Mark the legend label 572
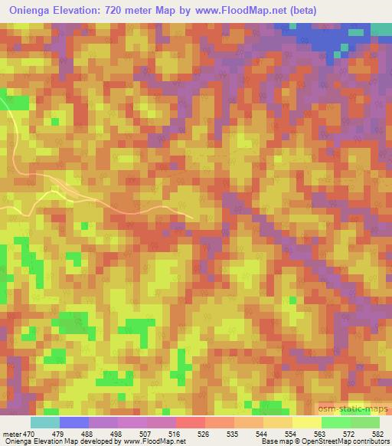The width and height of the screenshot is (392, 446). [347, 435]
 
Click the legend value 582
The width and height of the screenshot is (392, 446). [377, 435]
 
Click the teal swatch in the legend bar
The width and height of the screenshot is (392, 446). [45, 422]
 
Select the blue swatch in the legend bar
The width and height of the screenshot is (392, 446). [74, 422]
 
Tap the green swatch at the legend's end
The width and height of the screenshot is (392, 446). [365, 422]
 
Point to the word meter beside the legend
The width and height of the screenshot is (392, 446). [11, 435]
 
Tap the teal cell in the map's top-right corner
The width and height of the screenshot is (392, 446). [381, 29]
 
